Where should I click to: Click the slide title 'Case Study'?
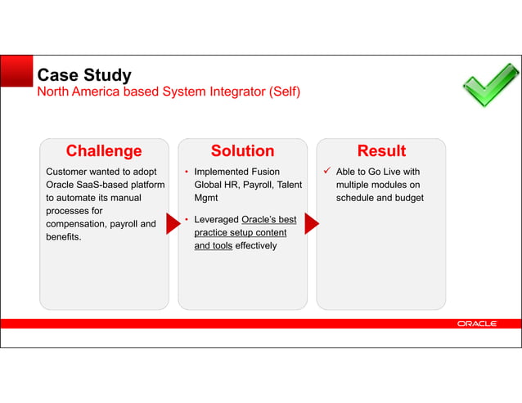click(84, 75)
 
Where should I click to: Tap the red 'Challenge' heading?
click(104, 151)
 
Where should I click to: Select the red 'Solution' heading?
click(242, 151)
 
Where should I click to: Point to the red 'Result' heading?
click(381, 151)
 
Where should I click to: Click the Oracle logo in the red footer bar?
click(476, 324)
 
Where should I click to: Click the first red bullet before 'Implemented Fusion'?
click(187, 172)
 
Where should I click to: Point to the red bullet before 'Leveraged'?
click(187, 220)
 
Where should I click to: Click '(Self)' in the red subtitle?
click(282, 92)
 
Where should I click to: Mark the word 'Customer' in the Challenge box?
click(69, 172)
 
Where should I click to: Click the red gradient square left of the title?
click(16, 71)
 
